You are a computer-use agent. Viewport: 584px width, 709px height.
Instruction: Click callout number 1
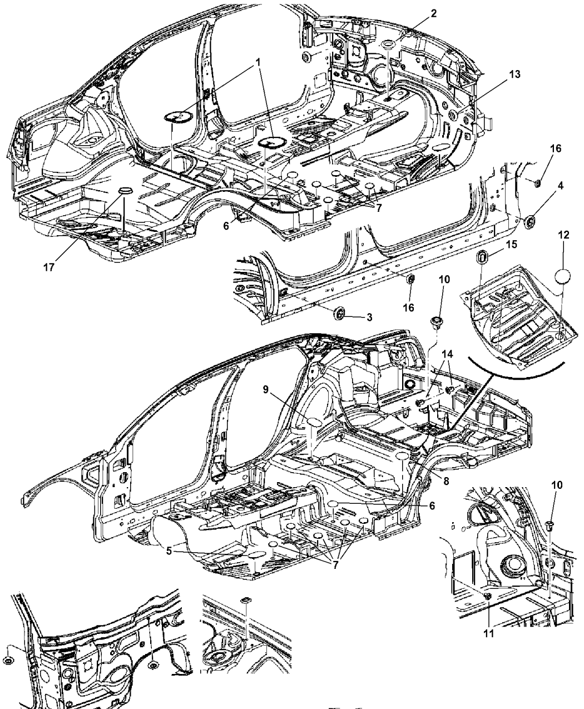click(x=258, y=62)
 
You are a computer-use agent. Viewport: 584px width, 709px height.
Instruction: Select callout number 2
click(x=433, y=13)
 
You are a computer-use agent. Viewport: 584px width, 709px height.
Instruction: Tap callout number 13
click(x=514, y=74)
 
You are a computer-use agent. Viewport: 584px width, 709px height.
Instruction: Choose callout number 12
click(x=563, y=235)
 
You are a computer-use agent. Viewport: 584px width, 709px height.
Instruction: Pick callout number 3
click(x=369, y=317)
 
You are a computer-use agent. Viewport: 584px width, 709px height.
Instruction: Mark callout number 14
click(x=447, y=354)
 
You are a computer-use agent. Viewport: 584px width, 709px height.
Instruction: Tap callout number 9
click(x=265, y=389)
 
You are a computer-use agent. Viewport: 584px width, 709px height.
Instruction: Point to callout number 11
click(x=489, y=633)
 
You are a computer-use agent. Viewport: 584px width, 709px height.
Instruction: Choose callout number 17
click(x=49, y=267)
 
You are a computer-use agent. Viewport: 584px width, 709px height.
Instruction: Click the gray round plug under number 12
click(x=563, y=276)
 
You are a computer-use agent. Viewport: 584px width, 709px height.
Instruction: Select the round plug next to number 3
click(x=339, y=312)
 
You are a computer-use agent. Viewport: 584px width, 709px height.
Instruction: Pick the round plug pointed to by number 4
click(x=529, y=222)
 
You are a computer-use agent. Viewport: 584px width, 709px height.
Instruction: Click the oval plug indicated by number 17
click(x=125, y=190)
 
